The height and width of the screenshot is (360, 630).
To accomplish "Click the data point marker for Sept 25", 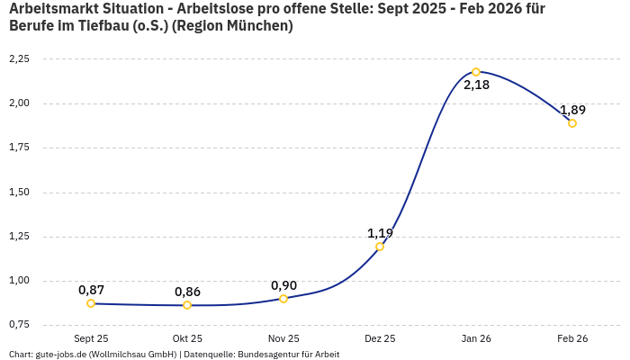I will [x=91, y=303].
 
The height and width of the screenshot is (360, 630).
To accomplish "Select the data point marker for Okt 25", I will [x=187, y=305].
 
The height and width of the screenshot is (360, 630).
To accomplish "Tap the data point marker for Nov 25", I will [x=283, y=299].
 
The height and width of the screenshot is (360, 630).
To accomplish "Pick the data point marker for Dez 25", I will [x=380, y=247].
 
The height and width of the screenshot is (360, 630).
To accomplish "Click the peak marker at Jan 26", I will [x=476, y=72].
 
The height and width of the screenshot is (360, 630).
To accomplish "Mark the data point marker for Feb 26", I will [x=572, y=123].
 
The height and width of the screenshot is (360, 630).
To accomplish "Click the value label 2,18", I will [x=476, y=85].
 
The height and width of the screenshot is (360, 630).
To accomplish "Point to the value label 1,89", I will [x=572, y=110].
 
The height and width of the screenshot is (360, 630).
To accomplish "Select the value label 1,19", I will [x=380, y=233].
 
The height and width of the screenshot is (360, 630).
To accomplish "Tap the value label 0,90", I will [x=283, y=285].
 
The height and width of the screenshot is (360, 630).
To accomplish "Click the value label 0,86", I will [x=187, y=292].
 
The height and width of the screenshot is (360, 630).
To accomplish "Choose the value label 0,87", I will [x=91, y=290].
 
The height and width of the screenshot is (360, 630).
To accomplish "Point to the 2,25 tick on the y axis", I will [x=19, y=59].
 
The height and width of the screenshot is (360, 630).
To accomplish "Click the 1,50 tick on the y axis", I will [x=19, y=193].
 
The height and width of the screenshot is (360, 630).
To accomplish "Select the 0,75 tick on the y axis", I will [x=19, y=325].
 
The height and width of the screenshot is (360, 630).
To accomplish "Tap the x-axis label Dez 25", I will [x=380, y=338].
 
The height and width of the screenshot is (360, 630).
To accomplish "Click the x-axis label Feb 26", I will [x=572, y=338].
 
